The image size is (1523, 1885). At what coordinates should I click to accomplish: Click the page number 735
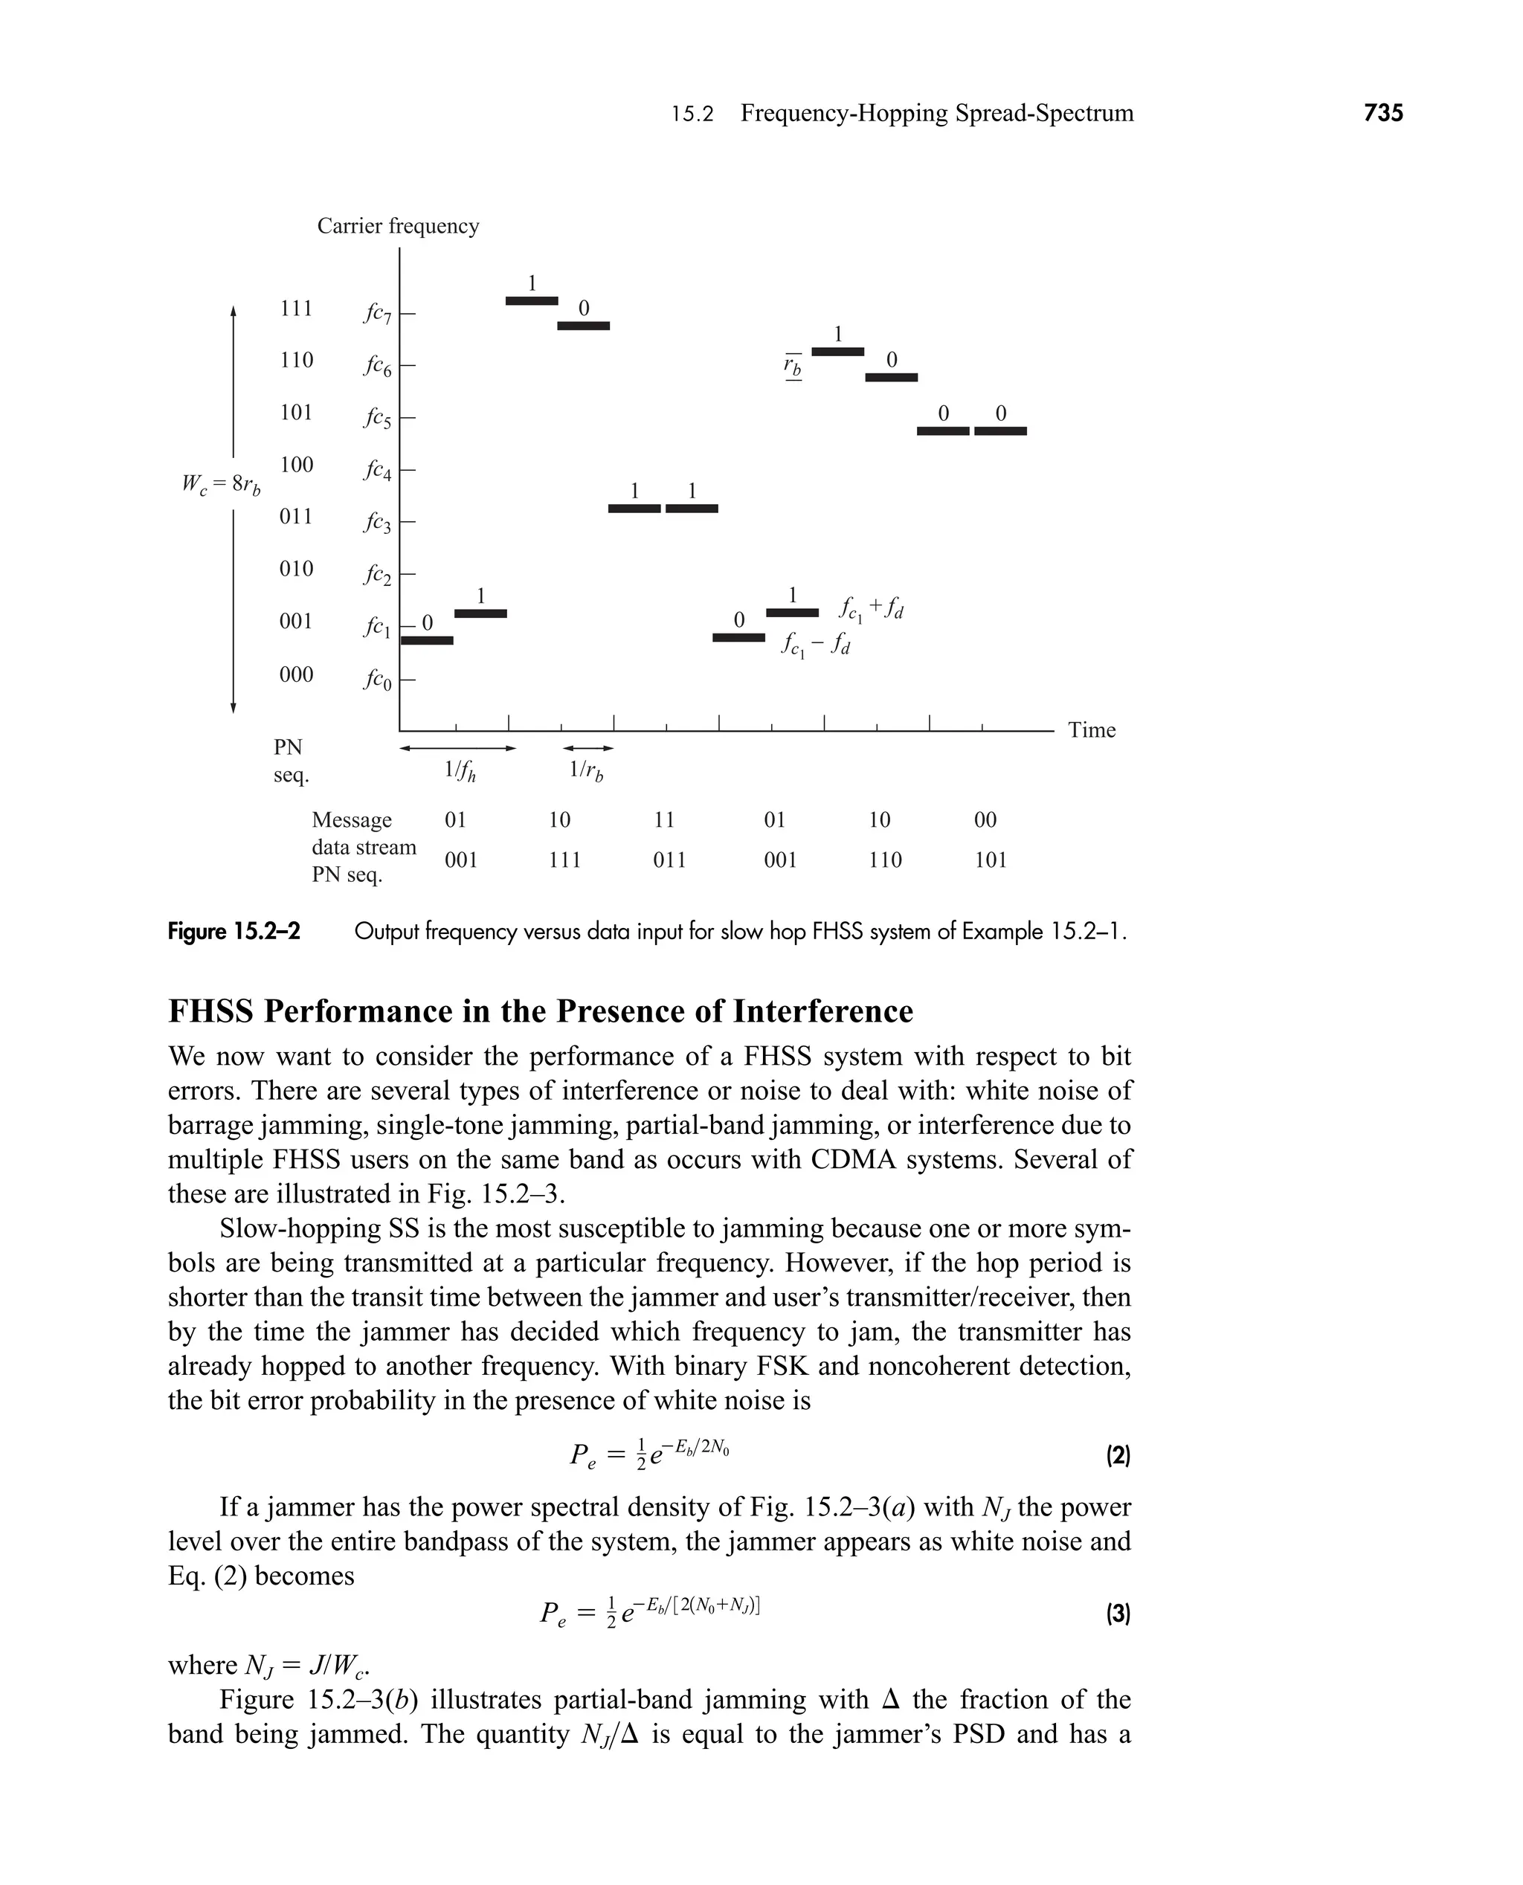1383,112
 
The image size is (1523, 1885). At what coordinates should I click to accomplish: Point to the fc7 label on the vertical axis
377,313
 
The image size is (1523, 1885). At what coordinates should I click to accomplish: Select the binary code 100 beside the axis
297,464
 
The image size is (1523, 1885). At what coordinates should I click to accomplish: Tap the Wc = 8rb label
221,483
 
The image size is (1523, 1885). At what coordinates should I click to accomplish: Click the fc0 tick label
377,680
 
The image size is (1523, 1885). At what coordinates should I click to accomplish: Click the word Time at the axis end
1092,729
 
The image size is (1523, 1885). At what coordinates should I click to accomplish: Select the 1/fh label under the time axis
460,771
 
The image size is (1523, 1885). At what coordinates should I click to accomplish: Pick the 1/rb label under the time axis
586,771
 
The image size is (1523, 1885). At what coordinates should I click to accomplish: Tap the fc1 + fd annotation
871,608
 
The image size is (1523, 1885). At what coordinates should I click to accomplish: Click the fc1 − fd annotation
816,646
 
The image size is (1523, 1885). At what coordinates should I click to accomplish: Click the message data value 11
664,819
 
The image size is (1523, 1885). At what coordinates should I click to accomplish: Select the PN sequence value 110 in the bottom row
885,860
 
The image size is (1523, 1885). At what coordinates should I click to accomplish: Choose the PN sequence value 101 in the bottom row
991,860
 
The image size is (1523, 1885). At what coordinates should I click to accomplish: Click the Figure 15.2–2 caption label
234,931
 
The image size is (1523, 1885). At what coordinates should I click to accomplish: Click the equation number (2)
1117,1456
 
